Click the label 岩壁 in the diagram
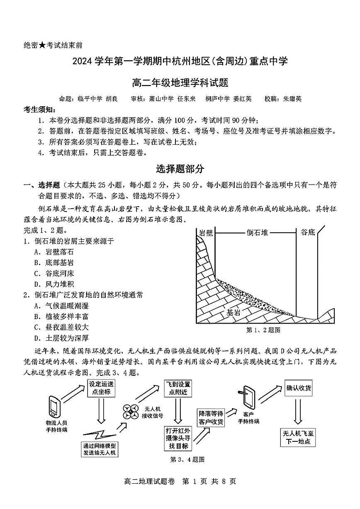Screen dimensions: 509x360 pyautogui.click(x=206, y=233)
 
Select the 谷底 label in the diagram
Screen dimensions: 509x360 pyautogui.click(x=308, y=232)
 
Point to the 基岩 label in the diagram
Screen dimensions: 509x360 pyautogui.click(x=234, y=312)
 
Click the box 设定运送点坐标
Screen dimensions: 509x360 pyautogui.click(x=101, y=388)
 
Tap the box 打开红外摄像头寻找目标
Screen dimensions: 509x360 pyautogui.click(x=178, y=438)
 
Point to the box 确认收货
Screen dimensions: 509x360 pyautogui.click(x=299, y=389)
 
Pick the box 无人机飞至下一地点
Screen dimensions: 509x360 pyautogui.click(x=298, y=438)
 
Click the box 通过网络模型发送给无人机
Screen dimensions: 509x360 pyautogui.click(x=100, y=449)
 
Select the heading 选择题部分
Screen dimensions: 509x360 pyautogui.click(x=180, y=169)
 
